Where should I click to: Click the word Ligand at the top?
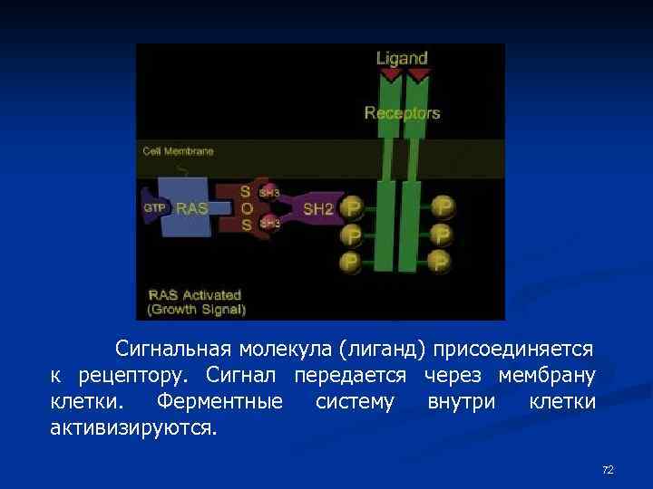[402, 58]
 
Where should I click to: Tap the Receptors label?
[402, 113]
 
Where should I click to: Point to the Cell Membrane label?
[178, 151]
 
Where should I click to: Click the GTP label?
[154, 207]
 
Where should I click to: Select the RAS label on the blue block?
[191, 208]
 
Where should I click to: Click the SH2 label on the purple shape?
[317, 209]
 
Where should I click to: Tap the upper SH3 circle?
[269, 193]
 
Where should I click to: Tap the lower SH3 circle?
[269, 223]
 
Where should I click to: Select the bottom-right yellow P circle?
[443, 262]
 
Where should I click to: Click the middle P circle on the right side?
[443, 235]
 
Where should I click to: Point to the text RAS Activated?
[194, 294]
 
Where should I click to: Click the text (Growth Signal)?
[197, 309]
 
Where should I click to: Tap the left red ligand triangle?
[390, 77]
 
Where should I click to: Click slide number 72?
[608, 469]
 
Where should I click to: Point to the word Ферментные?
[219, 400]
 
